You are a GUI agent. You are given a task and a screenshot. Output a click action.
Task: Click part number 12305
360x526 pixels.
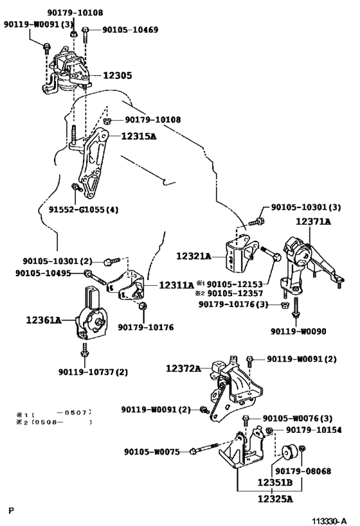point(117,76)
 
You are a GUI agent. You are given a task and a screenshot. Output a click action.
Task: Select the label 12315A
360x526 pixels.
point(139,136)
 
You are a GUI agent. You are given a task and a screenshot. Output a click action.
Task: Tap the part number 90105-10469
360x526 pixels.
point(130,30)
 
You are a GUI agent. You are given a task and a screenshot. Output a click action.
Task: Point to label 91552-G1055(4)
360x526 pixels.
point(84,209)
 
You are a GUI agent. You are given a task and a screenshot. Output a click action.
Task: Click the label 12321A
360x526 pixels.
point(194,256)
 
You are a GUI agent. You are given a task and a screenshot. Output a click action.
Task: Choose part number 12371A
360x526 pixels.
point(313,222)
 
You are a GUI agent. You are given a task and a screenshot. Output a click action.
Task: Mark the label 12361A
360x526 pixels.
point(44,320)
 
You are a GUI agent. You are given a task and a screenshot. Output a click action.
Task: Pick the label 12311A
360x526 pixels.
point(176,285)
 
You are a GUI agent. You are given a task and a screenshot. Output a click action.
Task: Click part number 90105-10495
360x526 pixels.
point(43,273)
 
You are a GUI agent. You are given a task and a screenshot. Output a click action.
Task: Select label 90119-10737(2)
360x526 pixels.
point(93,372)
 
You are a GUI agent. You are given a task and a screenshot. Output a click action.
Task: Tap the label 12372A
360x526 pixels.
point(183,369)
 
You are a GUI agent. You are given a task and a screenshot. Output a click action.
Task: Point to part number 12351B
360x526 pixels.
point(274,483)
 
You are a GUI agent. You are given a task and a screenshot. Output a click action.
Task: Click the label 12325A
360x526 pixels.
point(275,499)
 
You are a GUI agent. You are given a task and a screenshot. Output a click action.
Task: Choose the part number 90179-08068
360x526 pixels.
point(303,471)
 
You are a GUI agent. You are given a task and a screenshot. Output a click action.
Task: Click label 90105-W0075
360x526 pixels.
point(152,452)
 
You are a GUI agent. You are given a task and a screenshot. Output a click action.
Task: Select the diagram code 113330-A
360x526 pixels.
point(328,521)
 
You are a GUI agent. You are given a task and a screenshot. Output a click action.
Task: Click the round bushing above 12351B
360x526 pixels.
point(288,451)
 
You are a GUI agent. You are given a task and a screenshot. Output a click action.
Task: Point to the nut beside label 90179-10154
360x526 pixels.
point(269,430)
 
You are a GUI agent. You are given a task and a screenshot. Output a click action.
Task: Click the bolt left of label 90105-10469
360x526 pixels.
point(85,35)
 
